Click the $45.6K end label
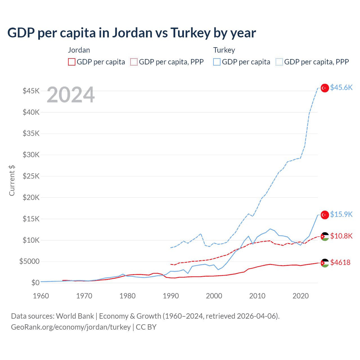[341, 88]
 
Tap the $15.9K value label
[341, 215]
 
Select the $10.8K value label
[341, 236]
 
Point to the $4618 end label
[340, 263]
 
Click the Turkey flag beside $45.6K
[325, 88]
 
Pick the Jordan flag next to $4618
[325, 263]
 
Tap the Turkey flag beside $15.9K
[325, 215]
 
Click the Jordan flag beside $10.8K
[325, 236]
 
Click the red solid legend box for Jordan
[72, 62]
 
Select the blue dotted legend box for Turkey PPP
[279, 62]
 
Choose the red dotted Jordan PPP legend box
[134, 62]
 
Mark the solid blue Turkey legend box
[217, 62]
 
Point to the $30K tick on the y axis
[31, 155]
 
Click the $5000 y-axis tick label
[29, 262]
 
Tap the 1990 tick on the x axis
[171, 296]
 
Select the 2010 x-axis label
[257, 296]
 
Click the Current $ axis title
[12, 181]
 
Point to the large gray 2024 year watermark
[71, 95]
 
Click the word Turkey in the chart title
[190, 33]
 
